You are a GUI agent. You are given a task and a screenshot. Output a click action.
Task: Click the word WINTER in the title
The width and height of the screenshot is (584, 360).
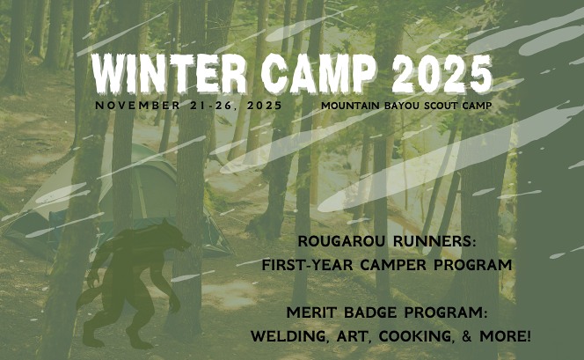coord(170,73)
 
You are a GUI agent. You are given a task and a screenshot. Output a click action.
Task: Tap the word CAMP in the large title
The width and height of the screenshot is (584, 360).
coord(318,73)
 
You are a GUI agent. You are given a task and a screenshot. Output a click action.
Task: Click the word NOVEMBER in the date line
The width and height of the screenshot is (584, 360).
coord(138,106)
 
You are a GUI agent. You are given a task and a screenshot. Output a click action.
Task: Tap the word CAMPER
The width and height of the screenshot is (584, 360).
coord(393,265)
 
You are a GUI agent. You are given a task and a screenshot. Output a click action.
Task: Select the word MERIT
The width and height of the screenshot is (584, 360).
coord(311,312)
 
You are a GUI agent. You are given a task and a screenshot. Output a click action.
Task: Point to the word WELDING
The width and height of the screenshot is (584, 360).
coord(290,336)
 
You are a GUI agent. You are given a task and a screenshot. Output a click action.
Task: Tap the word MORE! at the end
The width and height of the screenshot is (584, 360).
coord(505,335)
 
